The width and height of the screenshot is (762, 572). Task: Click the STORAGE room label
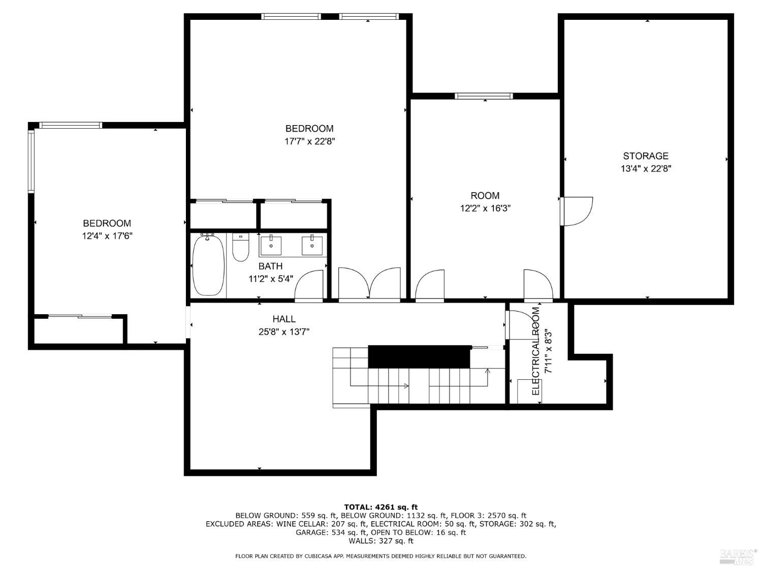(x=645, y=156)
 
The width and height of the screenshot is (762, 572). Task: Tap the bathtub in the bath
(x=208, y=265)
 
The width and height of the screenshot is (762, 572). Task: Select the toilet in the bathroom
(x=241, y=247)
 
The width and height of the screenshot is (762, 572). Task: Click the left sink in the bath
(x=270, y=245)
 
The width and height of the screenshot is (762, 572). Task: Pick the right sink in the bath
(x=312, y=245)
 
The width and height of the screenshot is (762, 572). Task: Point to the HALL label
(x=284, y=319)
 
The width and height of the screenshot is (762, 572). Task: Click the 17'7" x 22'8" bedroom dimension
(x=310, y=141)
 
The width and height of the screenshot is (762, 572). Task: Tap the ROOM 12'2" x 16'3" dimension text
(x=485, y=208)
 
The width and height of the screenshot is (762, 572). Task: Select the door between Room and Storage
(x=576, y=211)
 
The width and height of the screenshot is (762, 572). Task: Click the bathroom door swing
(x=309, y=285)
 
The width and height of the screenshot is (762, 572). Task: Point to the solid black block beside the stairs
(x=419, y=357)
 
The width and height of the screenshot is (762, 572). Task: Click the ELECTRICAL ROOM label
(x=535, y=351)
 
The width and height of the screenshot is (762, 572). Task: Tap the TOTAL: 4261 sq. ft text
(x=381, y=507)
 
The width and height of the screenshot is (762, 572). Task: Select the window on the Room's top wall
(x=484, y=96)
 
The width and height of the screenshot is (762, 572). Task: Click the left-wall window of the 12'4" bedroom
(x=31, y=161)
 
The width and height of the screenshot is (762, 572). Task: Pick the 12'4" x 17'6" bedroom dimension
(x=107, y=236)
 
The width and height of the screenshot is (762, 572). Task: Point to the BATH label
(x=270, y=266)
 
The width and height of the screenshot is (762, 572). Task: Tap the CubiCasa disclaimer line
(x=381, y=556)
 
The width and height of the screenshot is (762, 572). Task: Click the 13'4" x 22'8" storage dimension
(x=646, y=169)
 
